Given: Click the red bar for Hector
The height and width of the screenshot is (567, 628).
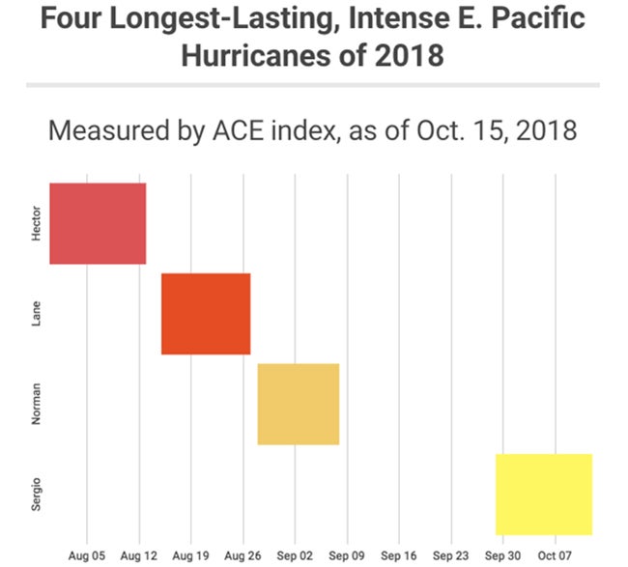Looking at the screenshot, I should click(x=98, y=223).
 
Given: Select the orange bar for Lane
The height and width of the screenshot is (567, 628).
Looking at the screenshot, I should click(x=206, y=314).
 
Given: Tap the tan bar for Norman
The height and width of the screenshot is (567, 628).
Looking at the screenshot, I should click(x=298, y=404).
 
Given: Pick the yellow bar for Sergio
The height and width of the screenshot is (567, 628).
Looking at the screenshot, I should click(x=543, y=494).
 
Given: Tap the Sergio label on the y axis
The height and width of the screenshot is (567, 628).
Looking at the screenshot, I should click(x=37, y=493).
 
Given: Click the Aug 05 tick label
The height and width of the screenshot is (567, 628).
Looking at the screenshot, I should click(x=87, y=555).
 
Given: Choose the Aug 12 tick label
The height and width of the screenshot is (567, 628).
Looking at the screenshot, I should click(x=139, y=555).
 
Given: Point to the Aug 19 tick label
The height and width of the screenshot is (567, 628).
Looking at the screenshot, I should click(x=191, y=555).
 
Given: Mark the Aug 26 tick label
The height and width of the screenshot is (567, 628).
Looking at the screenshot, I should click(x=243, y=555).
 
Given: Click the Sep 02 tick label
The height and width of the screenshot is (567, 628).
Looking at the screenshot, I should click(x=295, y=555).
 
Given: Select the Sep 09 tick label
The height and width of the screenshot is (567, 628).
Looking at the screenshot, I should click(x=346, y=555).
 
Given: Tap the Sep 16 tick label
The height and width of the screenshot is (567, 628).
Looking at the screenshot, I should click(x=398, y=555).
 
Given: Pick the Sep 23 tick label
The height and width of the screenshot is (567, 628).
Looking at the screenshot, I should click(x=450, y=555).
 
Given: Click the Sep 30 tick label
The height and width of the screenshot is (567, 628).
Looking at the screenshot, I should click(x=502, y=555).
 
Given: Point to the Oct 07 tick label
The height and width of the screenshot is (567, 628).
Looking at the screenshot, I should click(x=555, y=555).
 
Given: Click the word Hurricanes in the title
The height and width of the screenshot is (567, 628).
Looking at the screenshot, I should click(x=259, y=55).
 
